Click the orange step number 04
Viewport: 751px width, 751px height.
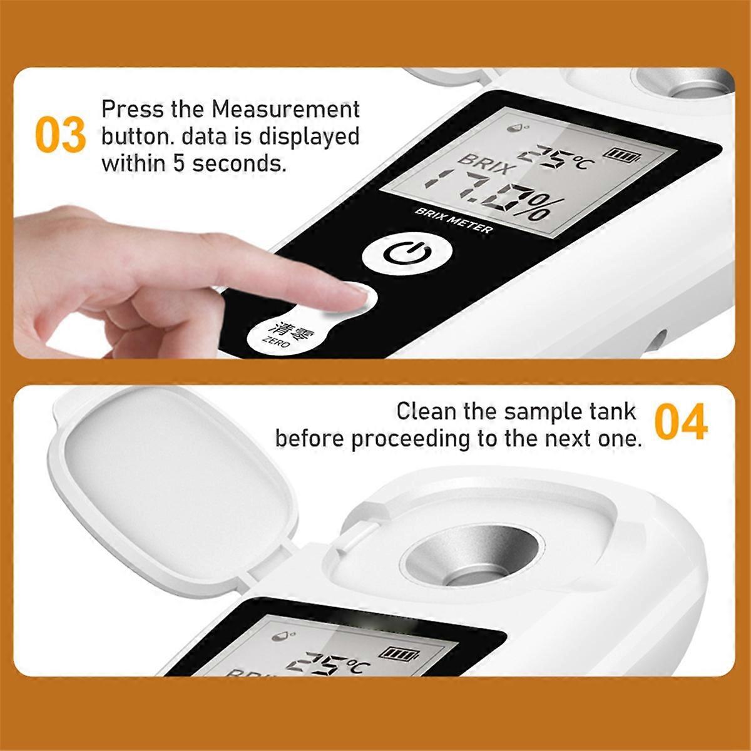[x=681, y=424]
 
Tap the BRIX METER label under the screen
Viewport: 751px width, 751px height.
[x=454, y=220]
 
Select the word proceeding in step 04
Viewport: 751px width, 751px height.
[x=411, y=438]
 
